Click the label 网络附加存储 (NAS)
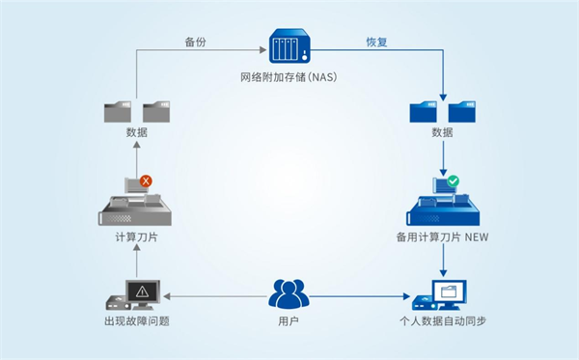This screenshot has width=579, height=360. (x=289, y=76)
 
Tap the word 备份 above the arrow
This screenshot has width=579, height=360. (x=197, y=42)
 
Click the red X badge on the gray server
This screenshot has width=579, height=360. (x=146, y=180)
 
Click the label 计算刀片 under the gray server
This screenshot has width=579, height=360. (x=135, y=237)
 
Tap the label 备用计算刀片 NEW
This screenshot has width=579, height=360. (x=442, y=237)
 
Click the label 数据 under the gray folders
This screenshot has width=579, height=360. (x=135, y=133)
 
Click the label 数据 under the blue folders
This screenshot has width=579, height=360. (x=442, y=133)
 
